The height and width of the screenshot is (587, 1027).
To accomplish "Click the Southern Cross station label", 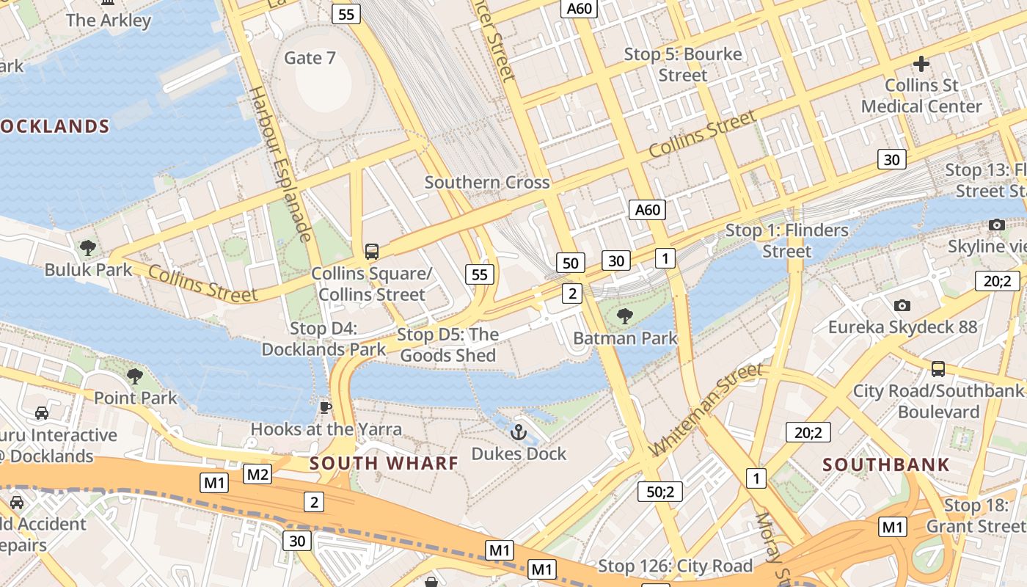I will [487, 182].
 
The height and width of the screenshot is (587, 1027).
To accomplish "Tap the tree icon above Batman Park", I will [624, 316].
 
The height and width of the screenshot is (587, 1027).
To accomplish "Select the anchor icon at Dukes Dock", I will [519, 432].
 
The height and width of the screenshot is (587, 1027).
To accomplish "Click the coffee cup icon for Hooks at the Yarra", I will [326, 406].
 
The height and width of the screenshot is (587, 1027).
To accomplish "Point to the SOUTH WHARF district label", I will [384, 463].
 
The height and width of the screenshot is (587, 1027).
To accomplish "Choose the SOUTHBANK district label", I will [886, 464].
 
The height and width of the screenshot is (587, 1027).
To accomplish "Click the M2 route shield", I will [257, 474].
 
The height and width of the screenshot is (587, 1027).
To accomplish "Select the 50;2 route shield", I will [660, 492].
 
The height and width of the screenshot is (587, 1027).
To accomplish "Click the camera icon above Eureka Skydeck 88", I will [902, 305].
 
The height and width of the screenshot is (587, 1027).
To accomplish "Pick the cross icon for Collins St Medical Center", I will [921, 64].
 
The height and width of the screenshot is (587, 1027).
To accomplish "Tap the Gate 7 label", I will [310, 58].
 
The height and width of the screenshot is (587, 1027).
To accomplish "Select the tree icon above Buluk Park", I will [88, 248].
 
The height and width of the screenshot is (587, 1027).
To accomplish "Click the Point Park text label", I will [136, 398].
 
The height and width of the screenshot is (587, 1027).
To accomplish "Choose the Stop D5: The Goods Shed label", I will [447, 345].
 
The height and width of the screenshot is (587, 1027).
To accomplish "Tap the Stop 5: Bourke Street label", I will [683, 65].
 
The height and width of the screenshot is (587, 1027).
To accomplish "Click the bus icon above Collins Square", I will [372, 252].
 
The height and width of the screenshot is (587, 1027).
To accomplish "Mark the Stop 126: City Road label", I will [675, 566].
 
